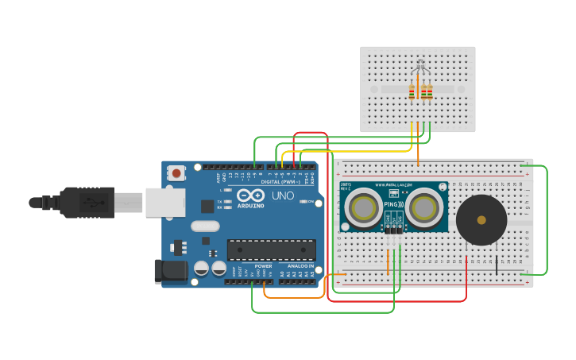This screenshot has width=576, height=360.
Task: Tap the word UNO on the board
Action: coord(284,195)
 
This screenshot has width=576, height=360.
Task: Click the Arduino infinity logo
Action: coord(250,195)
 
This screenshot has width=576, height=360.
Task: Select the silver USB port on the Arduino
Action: coord(164,203)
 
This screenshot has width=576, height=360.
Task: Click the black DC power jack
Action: coord(171,271)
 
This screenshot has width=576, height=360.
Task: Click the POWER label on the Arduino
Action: coord(263,265)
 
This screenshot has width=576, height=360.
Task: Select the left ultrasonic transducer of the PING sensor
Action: coord(365,209)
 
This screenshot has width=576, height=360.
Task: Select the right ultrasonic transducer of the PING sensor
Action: coord(426,209)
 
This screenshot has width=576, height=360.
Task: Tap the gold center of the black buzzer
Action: coord(481,219)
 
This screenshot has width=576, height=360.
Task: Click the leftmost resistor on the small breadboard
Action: coord(412,92)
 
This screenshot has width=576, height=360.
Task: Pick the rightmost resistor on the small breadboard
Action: coord(430,92)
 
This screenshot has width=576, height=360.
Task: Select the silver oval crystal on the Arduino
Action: coord(205,226)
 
